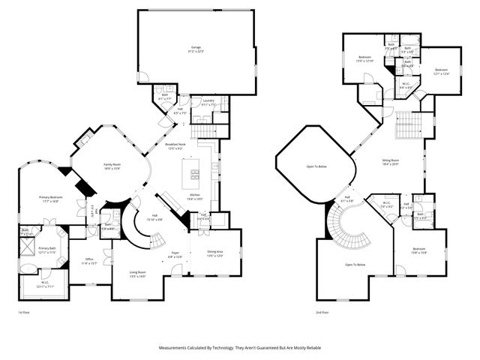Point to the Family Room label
click(x=112, y=166)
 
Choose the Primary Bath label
click(x=48, y=250)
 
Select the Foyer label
click(x=173, y=256)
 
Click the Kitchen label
click(x=194, y=196)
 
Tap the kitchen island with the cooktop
click(x=193, y=174)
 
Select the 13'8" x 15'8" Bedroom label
click(x=418, y=252)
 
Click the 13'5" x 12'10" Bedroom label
click(x=364, y=59)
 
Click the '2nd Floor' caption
click(x=323, y=313)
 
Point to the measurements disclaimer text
click(x=240, y=348)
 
